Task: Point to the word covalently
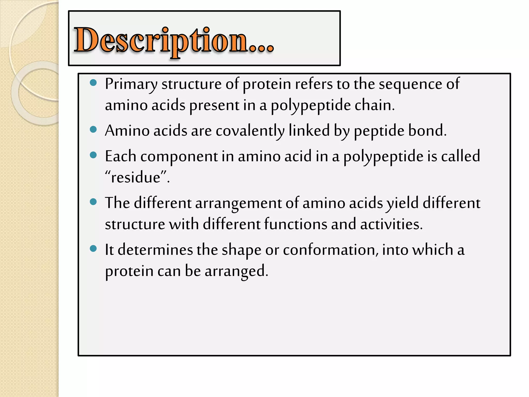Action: tap(250, 131)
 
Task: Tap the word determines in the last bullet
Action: tap(155, 250)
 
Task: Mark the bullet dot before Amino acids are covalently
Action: tap(93, 129)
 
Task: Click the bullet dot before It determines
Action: tap(93, 249)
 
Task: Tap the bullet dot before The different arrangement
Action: tap(93, 202)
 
